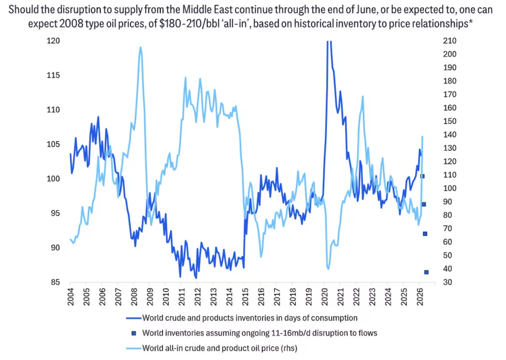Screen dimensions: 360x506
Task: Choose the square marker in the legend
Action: tap(133, 333)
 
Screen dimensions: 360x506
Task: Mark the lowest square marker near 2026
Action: tap(426, 272)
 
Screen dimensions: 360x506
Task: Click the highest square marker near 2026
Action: tap(422, 176)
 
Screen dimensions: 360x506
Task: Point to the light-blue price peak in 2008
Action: tap(140, 48)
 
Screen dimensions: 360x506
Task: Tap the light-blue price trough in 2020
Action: tap(328, 268)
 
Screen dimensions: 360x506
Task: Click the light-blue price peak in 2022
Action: tap(362, 97)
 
